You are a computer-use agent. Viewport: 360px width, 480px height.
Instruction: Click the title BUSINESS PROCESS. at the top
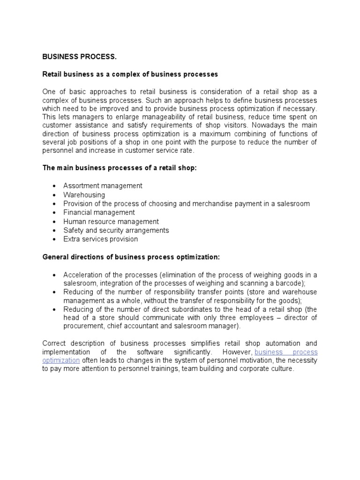79,57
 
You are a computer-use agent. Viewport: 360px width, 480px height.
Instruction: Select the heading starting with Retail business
130,75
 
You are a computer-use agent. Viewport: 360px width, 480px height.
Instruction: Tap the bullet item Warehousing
84,195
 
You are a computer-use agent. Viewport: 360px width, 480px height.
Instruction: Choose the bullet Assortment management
103,186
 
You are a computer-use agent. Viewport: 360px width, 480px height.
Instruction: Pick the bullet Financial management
99,212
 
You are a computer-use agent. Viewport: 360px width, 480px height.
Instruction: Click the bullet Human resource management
111,221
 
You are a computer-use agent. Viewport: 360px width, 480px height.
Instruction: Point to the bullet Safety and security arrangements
116,230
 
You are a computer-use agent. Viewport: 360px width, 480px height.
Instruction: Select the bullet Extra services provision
100,239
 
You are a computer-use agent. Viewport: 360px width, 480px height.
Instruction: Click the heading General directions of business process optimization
131,257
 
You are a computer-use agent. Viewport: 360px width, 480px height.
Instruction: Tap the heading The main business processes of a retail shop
120,168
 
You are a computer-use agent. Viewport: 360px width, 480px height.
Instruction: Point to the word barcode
290,284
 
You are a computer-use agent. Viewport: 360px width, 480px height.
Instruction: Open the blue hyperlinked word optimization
61,360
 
